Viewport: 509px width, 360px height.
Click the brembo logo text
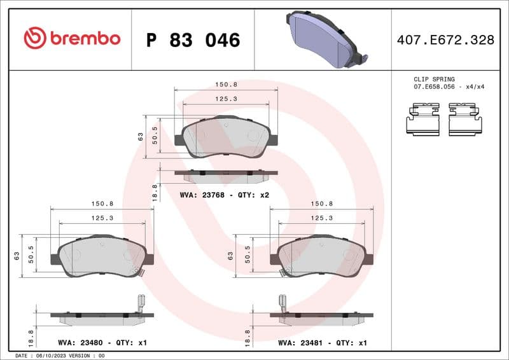pyautogui.click(x=71, y=38)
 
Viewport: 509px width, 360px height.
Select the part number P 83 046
pyautogui.click(x=193, y=40)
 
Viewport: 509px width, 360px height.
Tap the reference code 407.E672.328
pyautogui.click(x=445, y=40)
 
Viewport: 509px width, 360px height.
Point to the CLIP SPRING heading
pyautogui.click(x=434, y=80)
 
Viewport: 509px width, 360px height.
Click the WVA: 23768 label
pyautogui.click(x=203, y=195)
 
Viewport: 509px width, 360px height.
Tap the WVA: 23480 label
pyautogui.click(x=80, y=343)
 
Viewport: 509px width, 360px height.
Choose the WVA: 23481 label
pyautogui.click(x=300, y=343)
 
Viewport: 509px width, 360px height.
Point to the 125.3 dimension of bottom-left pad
pyautogui.click(x=102, y=218)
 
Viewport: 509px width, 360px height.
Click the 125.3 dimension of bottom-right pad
pyautogui.click(x=322, y=218)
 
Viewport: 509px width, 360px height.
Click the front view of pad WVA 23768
pyautogui.click(x=226, y=137)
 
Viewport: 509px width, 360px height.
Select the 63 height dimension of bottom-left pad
pyautogui.click(x=17, y=256)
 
